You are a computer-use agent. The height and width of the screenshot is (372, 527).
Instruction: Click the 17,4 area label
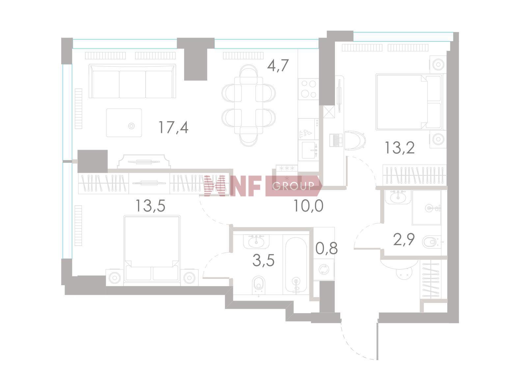coord(173,127)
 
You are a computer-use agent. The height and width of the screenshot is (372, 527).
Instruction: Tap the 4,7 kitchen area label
coord(278,66)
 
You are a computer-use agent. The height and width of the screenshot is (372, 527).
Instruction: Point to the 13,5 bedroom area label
coord(150,206)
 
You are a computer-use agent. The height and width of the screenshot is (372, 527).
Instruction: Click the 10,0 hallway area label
coord(308,206)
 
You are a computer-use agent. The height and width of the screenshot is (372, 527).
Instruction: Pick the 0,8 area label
coord(326,248)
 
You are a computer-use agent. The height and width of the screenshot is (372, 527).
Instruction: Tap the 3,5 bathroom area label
coord(263,260)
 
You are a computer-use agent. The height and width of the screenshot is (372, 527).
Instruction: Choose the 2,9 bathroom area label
coord(403,240)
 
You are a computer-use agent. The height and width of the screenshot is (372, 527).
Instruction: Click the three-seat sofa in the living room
coord(132,81)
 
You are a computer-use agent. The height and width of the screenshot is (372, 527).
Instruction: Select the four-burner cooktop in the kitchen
coord(309,89)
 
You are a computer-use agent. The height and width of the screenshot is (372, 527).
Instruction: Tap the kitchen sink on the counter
coord(309,150)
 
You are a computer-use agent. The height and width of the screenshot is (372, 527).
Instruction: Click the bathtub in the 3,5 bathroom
coord(296,265)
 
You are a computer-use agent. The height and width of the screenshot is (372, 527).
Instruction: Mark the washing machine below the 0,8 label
coord(323,270)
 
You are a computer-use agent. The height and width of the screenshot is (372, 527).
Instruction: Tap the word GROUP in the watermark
coord(293,186)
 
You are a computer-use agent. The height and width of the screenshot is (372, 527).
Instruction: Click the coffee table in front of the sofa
coord(124,123)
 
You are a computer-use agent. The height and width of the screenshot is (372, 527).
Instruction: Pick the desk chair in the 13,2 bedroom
coord(355,141)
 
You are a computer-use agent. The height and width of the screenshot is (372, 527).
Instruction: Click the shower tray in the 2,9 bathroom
coord(426,207)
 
